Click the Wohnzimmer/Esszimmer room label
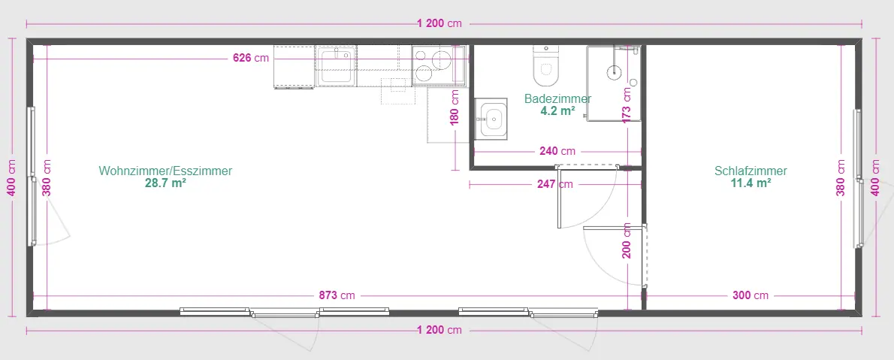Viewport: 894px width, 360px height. pos(165,171)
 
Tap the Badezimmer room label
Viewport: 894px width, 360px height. pos(557,98)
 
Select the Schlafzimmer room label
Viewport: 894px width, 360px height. pos(751,171)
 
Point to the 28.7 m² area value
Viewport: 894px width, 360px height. pos(165,183)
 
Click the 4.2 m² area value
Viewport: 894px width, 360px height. pos(557,110)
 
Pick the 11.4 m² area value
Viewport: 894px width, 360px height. pos(751,183)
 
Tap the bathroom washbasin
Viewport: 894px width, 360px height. pos(491,117)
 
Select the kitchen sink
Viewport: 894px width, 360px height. pos(337,65)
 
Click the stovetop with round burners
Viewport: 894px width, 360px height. pos(432,65)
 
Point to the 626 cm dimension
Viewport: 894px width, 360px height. pos(251,58)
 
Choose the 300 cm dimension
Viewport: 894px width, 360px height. pos(751,295)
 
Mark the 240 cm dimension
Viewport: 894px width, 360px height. pos(557,151)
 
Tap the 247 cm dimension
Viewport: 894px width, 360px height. pos(554,183)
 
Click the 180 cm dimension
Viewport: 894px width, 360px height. pos(455,110)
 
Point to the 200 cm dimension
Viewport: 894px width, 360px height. pos(627,241)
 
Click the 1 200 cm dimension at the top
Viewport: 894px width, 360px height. pos(439,23)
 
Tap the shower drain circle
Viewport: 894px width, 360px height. pos(615,72)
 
